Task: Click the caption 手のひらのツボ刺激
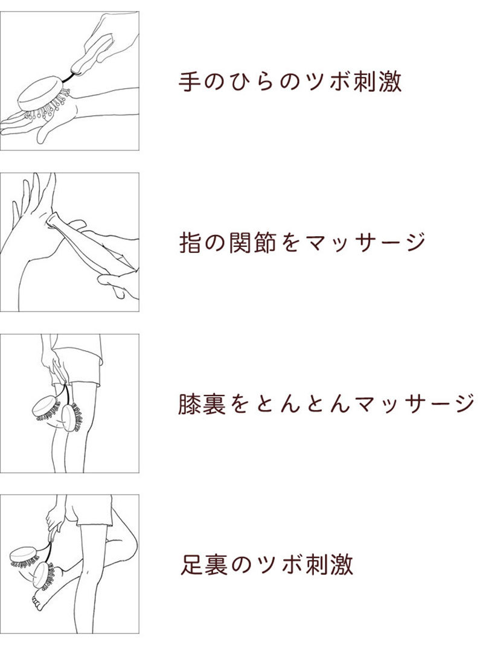[x=290, y=82]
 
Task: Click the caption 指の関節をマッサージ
[x=302, y=242]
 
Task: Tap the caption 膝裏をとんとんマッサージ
[x=326, y=403]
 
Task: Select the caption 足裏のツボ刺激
[x=267, y=564]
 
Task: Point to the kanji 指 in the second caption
[x=190, y=243]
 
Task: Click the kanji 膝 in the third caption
[x=190, y=403]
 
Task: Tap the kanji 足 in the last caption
[x=192, y=564]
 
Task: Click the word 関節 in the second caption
[x=252, y=243]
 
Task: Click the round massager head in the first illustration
[x=41, y=93]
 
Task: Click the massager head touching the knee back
[x=71, y=417]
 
